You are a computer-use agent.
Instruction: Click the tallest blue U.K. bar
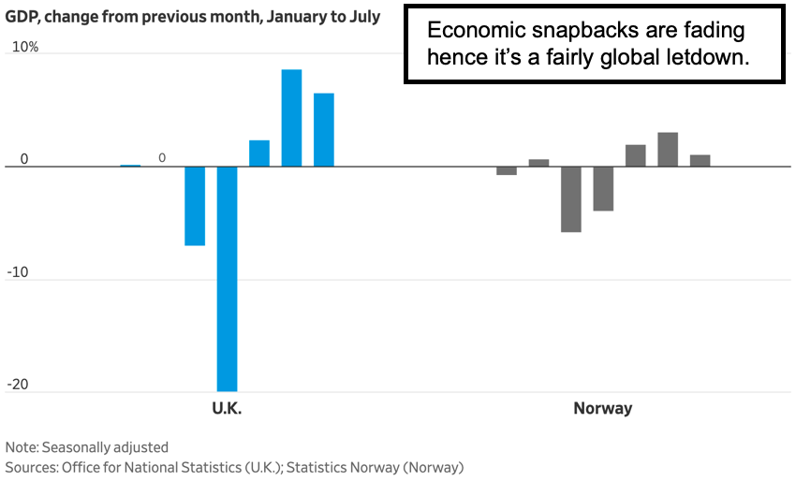[291, 118]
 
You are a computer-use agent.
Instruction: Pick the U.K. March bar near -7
[195, 206]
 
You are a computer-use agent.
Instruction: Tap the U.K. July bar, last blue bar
[324, 130]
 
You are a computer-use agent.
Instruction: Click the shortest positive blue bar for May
[259, 153]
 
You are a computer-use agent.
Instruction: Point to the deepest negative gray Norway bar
[570, 199]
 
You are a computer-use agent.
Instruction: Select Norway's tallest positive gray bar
[668, 150]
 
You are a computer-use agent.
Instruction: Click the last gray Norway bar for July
[700, 161]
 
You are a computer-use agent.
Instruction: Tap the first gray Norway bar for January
[507, 170]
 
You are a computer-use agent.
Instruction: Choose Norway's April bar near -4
[603, 189]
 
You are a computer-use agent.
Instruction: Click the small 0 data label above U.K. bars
[162, 158]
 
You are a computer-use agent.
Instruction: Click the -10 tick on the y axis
[19, 271]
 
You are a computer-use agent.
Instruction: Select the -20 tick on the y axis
[19, 384]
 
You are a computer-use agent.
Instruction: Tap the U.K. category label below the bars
[227, 408]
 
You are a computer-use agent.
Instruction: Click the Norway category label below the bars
[602, 408]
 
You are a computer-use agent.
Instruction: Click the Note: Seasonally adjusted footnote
[87, 447]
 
